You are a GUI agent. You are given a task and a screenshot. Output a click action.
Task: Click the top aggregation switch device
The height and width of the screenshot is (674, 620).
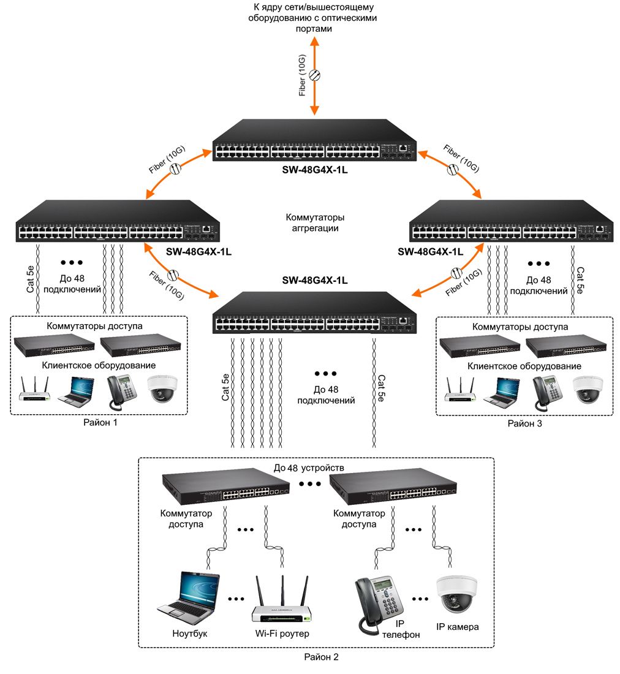click(x=314, y=140)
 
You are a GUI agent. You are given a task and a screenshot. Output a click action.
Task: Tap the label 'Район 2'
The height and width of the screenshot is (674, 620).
click(x=322, y=657)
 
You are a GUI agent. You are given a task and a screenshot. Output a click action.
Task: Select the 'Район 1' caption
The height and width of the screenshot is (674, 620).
click(x=100, y=423)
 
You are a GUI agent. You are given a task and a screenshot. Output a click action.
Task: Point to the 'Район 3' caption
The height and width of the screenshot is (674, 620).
click(x=524, y=423)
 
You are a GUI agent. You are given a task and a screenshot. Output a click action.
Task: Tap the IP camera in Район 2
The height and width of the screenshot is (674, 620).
click(x=456, y=595)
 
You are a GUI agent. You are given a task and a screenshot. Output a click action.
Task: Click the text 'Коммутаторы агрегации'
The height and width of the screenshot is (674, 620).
click(x=315, y=222)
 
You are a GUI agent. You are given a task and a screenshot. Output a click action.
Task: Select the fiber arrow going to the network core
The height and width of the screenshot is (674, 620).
click(x=314, y=75)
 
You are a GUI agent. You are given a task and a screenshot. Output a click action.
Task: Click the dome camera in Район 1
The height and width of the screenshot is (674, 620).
click(x=162, y=389)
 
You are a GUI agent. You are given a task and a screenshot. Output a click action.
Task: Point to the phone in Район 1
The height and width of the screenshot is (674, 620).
click(x=122, y=392)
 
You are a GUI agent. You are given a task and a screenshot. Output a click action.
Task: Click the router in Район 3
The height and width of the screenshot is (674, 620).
click(x=460, y=390)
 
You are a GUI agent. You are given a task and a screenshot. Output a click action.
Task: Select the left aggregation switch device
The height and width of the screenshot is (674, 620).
click(x=118, y=221)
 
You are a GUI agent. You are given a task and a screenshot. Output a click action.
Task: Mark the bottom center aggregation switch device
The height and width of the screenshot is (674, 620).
click(x=314, y=312)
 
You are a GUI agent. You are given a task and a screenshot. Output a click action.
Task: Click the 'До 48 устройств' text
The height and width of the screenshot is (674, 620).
click(x=309, y=468)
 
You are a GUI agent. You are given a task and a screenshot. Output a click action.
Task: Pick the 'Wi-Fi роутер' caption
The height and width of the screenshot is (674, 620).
click(x=282, y=633)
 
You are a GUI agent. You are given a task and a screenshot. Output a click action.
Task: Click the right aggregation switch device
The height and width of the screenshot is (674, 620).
click(x=512, y=221)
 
